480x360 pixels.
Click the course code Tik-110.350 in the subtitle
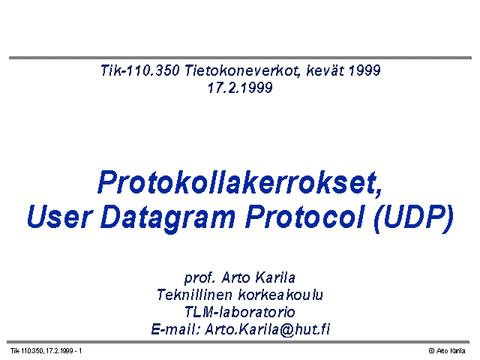pyautogui.click(x=140, y=70)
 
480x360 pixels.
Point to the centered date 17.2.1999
pyautogui.click(x=240, y=88)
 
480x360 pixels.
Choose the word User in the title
pyautogui.click(x=59, y=216)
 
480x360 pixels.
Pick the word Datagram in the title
pyautogui.click(x=168, y=218)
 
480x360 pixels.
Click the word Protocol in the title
pyautogui.click(x=305, y=216)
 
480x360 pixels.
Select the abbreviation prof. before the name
pyautogui.click(x=199, y=278)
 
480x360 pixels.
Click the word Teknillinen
pyautogui.click(x=195, y=295)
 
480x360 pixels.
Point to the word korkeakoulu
pyautogui.click(x=280, y=295)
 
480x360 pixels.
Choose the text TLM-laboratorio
pyautogui.click(x=240, y=312)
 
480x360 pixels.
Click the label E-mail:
pyautogui.click(x=175, y=329)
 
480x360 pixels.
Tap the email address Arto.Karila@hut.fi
pyautogui.click(x=268, y=330)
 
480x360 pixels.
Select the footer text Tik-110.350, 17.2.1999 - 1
pyautogui.click(x=46, y=351)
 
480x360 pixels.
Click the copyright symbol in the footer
pyautogui.click(x=432, y=351)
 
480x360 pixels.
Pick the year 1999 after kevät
pyautogui.click(x=364, y=70)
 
